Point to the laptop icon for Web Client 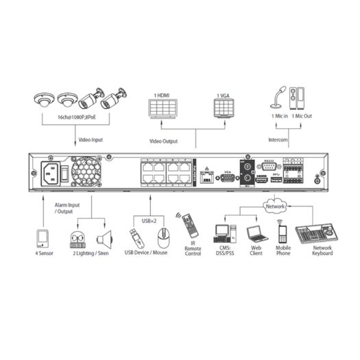(x=255, y=234)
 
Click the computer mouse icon (x=162, y=238)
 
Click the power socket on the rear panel (x=51, y=172)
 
